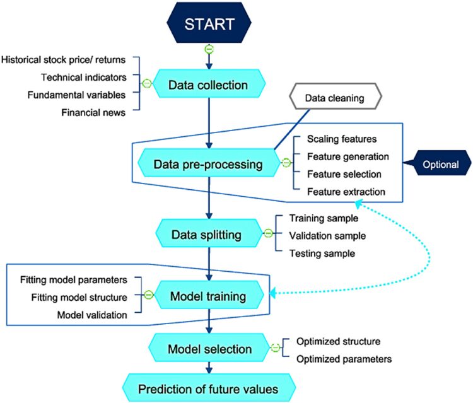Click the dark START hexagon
click(209, 23)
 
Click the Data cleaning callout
click(336, 96)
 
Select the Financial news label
click(93, 112)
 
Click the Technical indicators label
click(83, 77)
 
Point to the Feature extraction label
click(346, 192)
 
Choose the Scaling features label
click(342, 139)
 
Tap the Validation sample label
click(327, 236)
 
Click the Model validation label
click(92, 315)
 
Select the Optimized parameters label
click(344, 359)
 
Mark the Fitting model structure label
click(79, 298)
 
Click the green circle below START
click(209, 49)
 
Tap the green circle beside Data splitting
click(268, 233)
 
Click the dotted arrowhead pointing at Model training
click(272, 293)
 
